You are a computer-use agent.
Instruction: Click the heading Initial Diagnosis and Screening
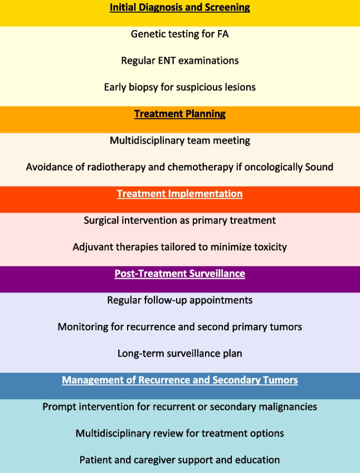pyautogui.click(x=179, y=8)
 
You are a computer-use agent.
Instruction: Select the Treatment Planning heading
pyautogui.click(x=179, y=114)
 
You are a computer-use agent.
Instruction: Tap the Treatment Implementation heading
pyautogui.click(x=179, y=194)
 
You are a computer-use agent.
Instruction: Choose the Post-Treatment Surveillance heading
pyautogui.click(x=179, y=274)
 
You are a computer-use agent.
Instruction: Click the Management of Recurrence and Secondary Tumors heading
pyautogui.click(x=179, y=381)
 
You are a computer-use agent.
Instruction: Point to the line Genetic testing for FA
pyautogui.click(x=179, y=34)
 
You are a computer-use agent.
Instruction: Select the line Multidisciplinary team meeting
pyautogui.click(x=179, y=141)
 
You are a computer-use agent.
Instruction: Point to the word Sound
pyautogui.click(x=319, y=168)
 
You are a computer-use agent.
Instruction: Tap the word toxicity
pyautogui.click(x=268, y=247)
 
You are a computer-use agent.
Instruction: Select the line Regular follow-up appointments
pyautogui.click(x=179, y=300)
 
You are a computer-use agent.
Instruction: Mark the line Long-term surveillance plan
pyautogui.click(x=179, y=354)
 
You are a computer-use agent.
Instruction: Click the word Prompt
pyautogui.click(x=59, y=407)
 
